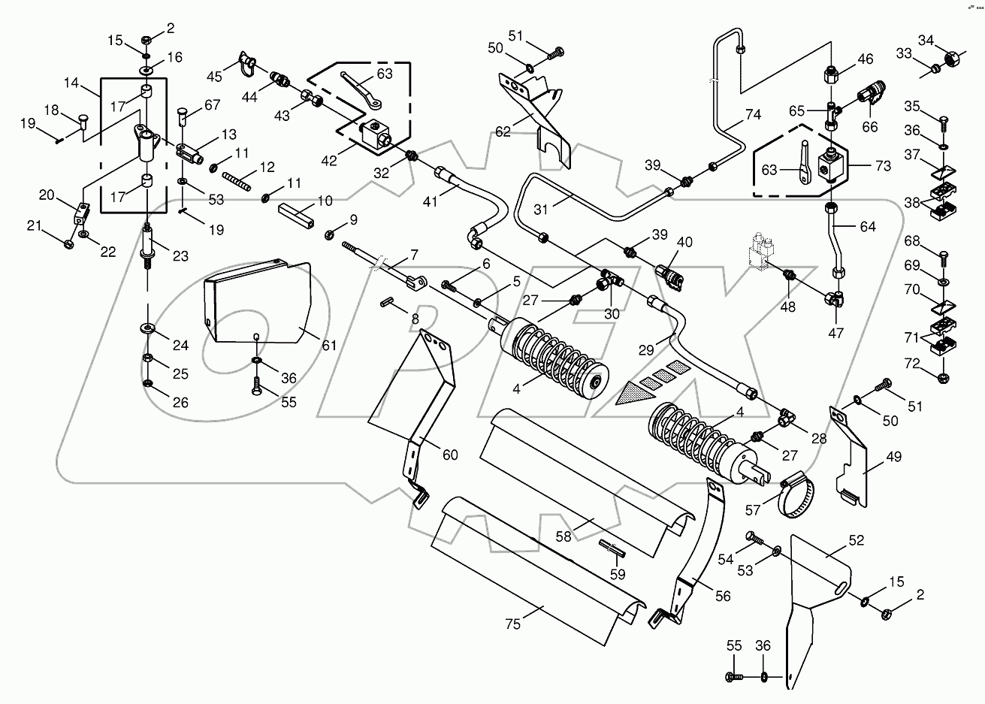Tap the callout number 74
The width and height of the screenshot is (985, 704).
(x=753, y=115)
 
